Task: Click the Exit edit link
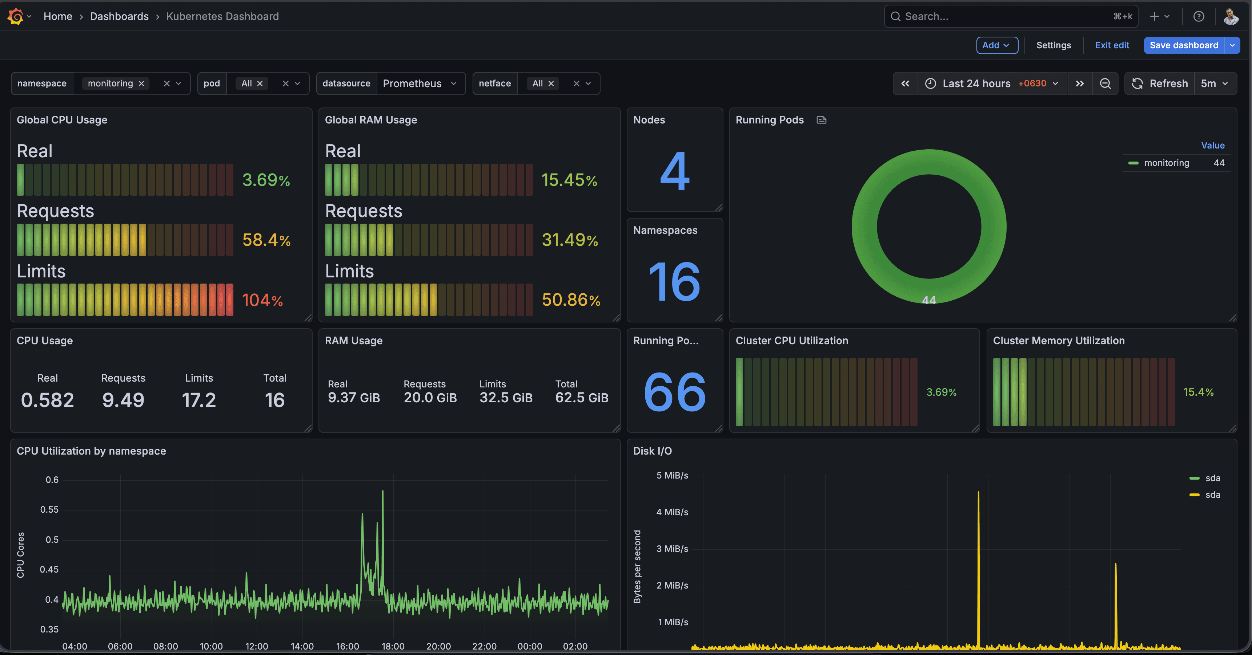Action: (x=1112, y=45)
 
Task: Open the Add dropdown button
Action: (x=996, y=45)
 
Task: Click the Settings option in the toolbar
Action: (x=1053, y=45)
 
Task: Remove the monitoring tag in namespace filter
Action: (x=141, y=84)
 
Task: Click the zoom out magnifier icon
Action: (x=1105, y=84)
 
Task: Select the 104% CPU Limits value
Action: (x=262, y=300)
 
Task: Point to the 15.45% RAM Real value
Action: (x=569, y=180)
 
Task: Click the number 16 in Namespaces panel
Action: (x=675, y=282)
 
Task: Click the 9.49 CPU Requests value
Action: (x=123, y=400)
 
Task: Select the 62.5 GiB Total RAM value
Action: (x=581, y=398)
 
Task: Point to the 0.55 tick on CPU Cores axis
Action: (x=49, y=509)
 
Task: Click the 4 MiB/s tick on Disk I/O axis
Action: (x=672, y=512)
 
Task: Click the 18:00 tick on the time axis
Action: (x=393, y=646)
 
